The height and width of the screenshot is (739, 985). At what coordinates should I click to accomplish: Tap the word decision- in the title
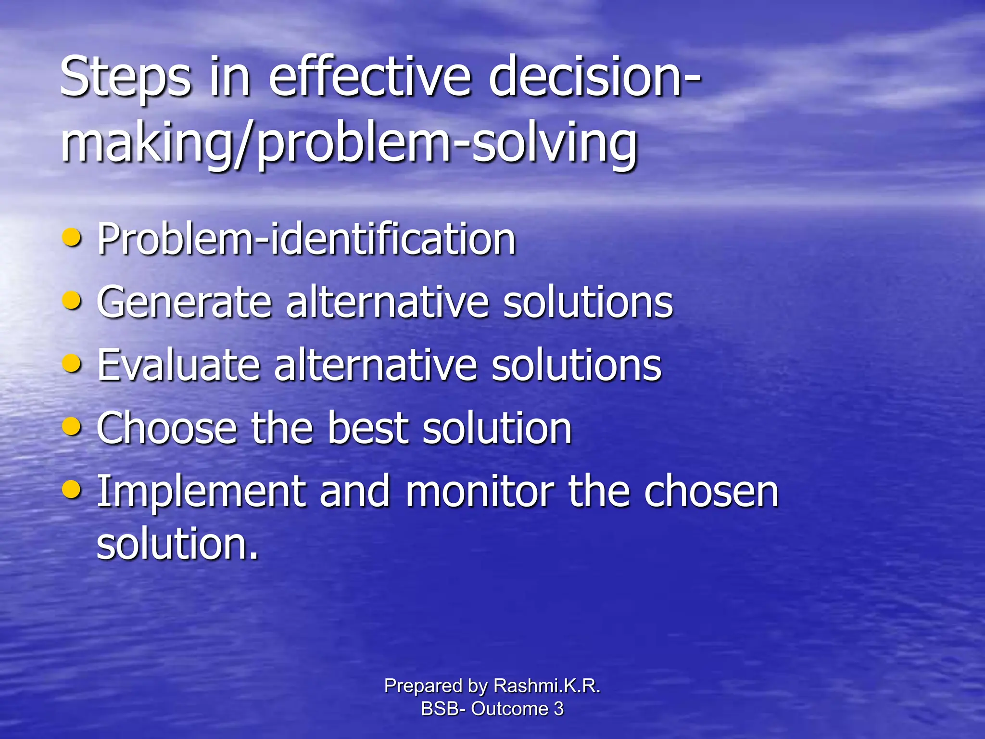tap(594, 77)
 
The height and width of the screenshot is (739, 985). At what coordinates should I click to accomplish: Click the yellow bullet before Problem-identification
tap(72, 237)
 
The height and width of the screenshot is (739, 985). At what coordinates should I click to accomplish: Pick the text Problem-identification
tap(306, 239)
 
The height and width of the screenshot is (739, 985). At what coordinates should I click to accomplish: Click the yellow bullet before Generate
tap(72, 301)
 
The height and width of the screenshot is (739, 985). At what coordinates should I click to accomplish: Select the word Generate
tap(184, 302)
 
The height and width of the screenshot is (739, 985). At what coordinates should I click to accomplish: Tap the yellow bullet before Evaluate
tap(72, 364)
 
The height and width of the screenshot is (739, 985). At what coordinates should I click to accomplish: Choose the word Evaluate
tap(178, 365)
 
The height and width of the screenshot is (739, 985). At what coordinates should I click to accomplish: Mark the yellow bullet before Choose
tap(72, 426)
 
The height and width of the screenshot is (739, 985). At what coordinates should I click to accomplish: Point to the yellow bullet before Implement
tap(72, 490)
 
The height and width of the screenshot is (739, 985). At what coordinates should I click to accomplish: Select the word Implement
tap(202, 492)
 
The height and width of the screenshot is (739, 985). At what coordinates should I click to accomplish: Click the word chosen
tap(711, 492)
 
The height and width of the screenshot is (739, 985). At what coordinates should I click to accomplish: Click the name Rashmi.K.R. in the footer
tap(547, 686)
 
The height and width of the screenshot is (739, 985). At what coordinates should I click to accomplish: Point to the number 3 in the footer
tap(558, 709)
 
